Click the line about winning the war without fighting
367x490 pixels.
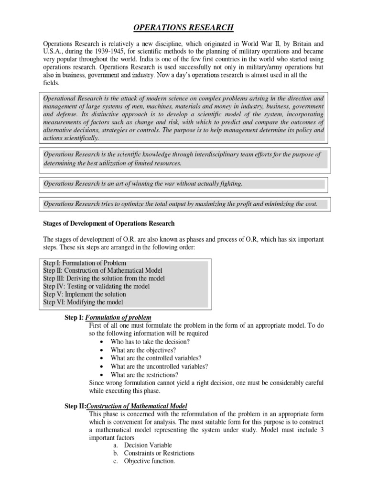coord(143,183)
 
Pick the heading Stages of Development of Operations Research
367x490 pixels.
coord(109,223)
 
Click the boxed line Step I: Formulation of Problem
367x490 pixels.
coord(85,263)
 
